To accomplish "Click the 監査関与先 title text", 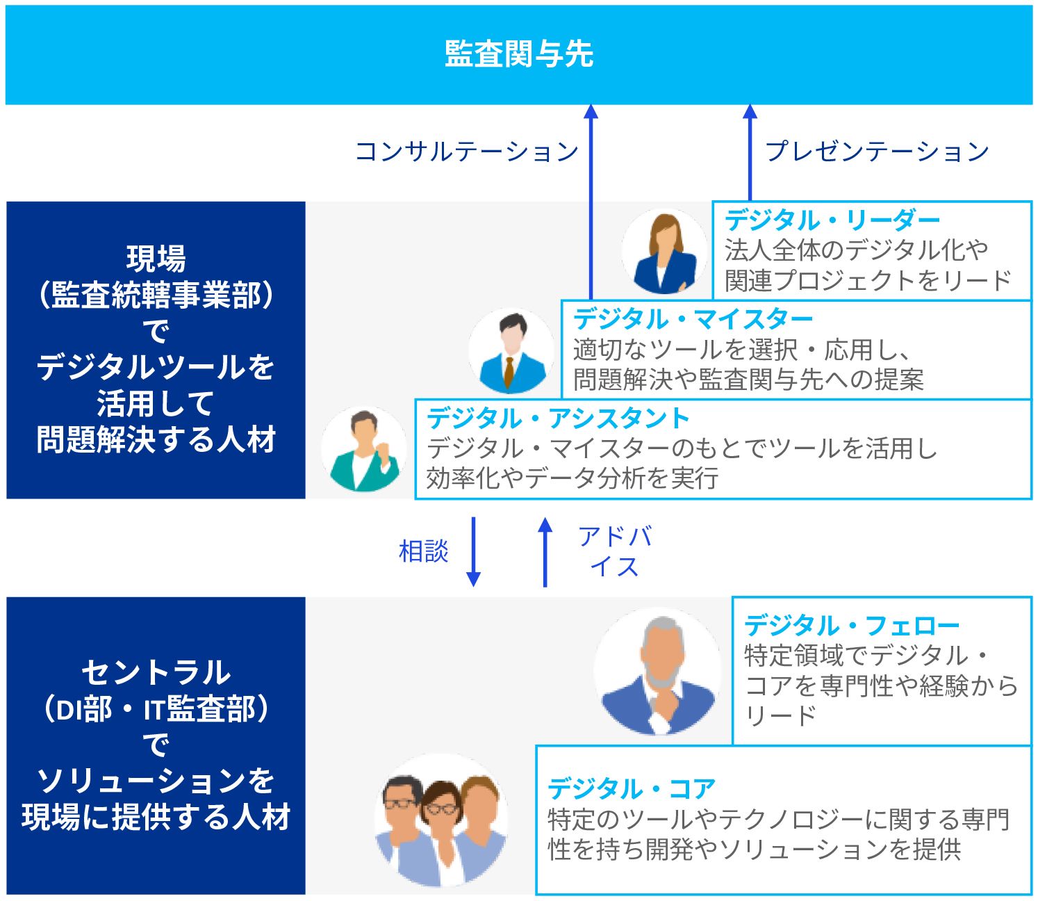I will [x=519, y=54].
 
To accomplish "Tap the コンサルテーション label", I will [x=466, y=152].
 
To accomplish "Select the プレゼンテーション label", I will [x=877, y=152].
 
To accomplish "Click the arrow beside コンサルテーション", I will [x=591, y=202].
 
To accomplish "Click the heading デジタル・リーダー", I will [x=832, y=220].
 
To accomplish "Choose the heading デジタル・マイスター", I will [x=693, y=319].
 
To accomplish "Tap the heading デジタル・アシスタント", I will [x=558, y=419].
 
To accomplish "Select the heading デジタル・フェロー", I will [x=852, y=626].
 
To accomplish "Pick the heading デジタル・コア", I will [x=632, y=789].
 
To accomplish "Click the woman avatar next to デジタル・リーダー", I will [x=664, y=252].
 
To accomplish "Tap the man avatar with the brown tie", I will [x=511, y=351].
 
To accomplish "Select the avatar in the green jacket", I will [x=364, y=450].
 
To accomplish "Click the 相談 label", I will [x=423, y=551].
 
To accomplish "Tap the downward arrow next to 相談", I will [x=473, y=551].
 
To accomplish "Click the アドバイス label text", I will [x=614, y=551].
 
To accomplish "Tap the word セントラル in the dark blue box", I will [x=156, y=672].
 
